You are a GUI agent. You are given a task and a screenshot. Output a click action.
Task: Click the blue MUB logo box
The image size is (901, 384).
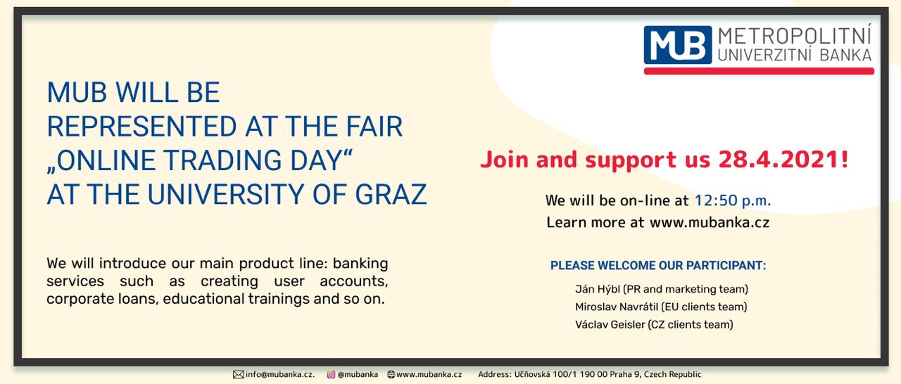[x=678, y=45]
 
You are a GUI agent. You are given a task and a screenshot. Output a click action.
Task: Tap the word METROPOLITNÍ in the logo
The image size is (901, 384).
[x=795, y=35]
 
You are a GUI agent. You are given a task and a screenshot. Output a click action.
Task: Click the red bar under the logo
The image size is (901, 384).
[x=759, y=71]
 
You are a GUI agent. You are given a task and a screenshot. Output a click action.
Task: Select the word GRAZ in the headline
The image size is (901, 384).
[x=391, y=195]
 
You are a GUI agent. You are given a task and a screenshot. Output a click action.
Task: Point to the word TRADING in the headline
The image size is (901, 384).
[x=222, y=160]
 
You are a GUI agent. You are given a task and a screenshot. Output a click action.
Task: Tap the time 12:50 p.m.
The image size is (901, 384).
[x=733, y=200]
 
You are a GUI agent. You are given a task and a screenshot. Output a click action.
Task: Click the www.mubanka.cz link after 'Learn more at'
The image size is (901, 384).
[x=709, y=222]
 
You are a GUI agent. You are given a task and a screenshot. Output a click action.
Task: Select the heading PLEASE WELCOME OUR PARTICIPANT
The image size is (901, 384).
[x=658, y=266]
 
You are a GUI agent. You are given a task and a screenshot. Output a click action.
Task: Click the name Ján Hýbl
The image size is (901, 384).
[x=598, y=289]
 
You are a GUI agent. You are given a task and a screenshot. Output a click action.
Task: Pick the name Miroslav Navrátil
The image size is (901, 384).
[x=617, y=307]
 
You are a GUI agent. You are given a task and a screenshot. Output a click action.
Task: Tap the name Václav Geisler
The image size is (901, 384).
[x=610, y=324]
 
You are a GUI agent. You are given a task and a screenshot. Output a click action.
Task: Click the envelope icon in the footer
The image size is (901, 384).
[x=239, y=374]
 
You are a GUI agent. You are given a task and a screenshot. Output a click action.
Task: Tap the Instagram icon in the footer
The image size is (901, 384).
[x=331, y=374]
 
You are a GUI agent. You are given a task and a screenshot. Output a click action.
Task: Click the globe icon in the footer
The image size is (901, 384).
[x=391, y=374]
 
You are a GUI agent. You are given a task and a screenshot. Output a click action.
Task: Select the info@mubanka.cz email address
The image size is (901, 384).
[x=279, y=374]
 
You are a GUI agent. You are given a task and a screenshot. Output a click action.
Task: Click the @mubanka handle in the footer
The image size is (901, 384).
[x=358, y=374]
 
